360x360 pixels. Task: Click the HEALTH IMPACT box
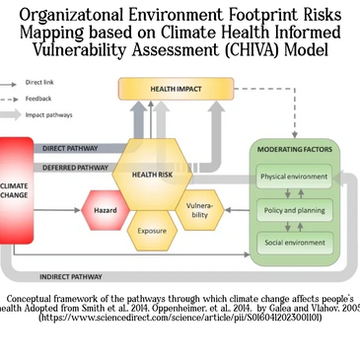point(176,89)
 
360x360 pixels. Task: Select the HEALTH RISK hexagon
point(151,174)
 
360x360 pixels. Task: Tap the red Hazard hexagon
point(106,211)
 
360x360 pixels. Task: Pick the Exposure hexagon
point(152,231)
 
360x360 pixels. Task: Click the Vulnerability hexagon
point(198,209)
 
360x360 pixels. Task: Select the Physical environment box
point(295,178)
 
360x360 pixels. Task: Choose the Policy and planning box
point(295,210)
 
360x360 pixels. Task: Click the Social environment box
point(295,242)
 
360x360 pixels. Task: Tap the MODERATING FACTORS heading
point(295,149)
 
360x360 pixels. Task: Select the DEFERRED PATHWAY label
point(76,168)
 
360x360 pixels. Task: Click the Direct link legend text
point(40,84)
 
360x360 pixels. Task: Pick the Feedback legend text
point(38,99)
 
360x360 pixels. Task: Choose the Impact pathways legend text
point(46,114)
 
